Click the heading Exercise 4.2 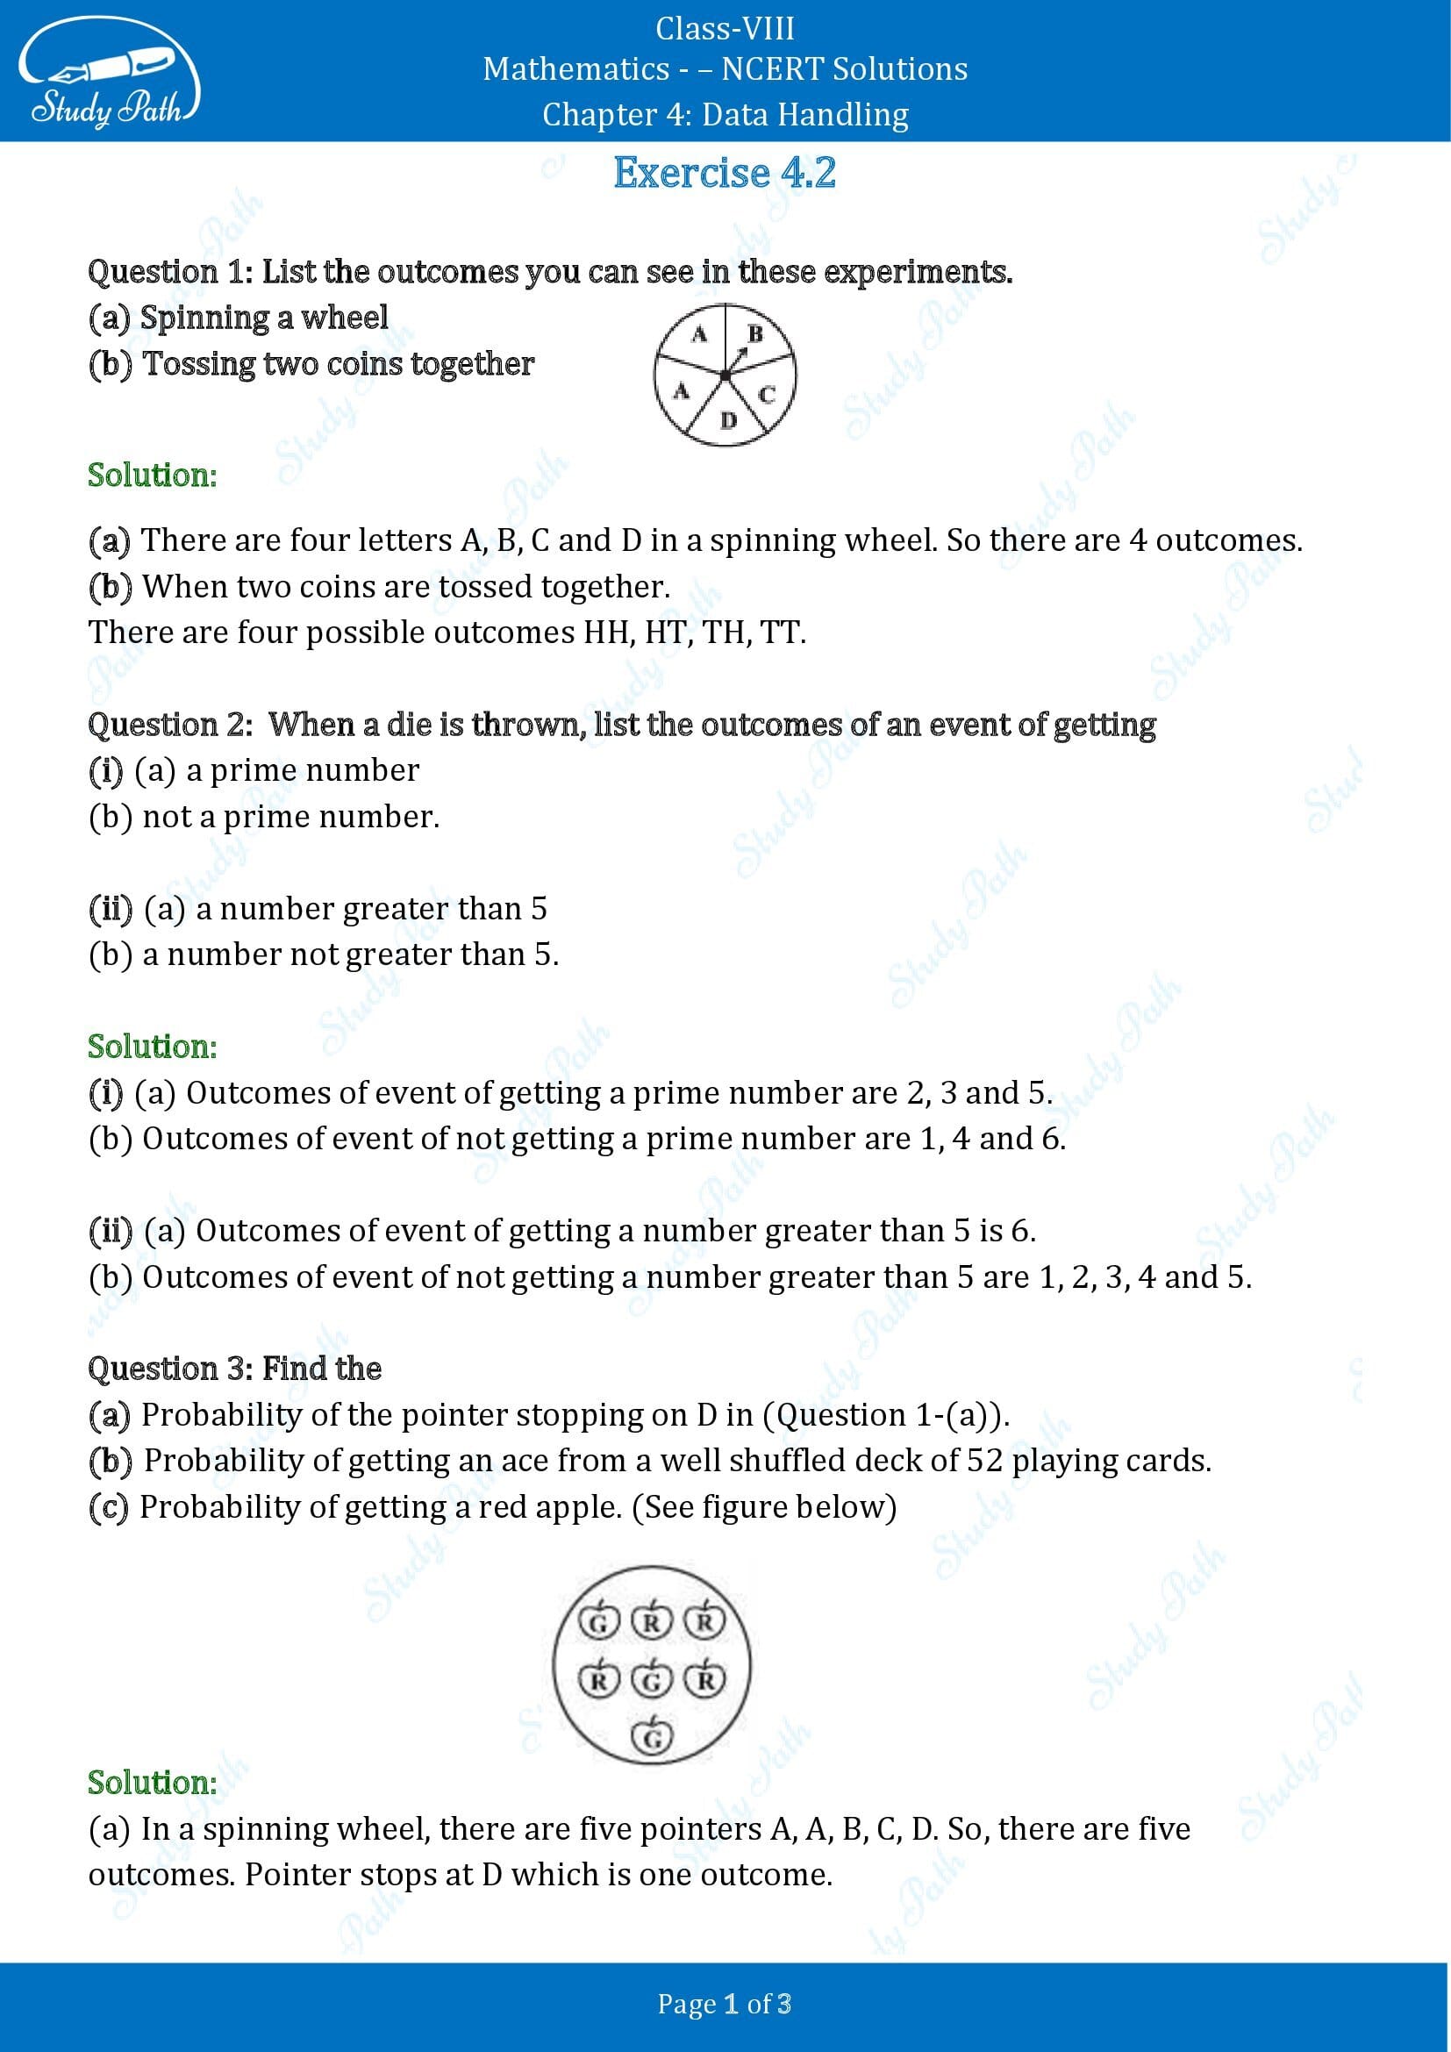724,174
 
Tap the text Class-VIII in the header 725,29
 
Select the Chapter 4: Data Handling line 725,114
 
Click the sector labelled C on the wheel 767,394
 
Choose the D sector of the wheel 729,419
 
